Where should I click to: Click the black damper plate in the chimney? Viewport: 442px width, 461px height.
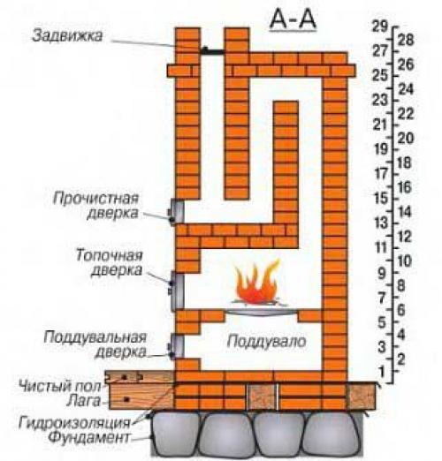213,52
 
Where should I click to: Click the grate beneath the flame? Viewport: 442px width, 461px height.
256,308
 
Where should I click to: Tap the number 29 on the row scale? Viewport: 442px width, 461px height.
382,26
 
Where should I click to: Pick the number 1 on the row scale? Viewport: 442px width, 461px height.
382,371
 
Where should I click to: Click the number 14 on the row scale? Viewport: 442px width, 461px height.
406,212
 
